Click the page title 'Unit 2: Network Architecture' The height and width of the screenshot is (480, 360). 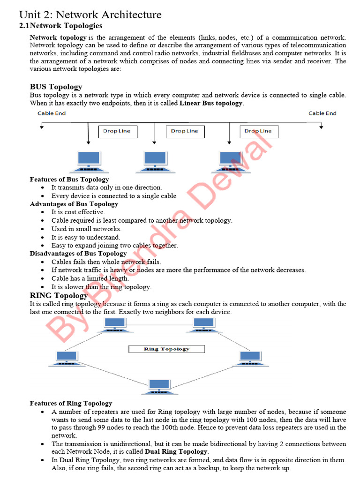coord(90,15)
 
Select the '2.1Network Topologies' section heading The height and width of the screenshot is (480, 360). coord(60,26)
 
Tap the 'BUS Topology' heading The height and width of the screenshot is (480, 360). coord(56,87)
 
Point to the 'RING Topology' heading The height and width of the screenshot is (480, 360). coord(59,295)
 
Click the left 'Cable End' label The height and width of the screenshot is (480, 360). coord(52,113)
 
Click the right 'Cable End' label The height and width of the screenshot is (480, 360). coord(322,113)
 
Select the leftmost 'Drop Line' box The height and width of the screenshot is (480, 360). coord(118,131)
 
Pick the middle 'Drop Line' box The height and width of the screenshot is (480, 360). coord(185,131)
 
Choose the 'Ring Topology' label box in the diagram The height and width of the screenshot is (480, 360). coord(166,349)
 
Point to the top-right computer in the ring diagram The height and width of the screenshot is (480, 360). coord(203,324)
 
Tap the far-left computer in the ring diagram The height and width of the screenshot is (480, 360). coord(65,358)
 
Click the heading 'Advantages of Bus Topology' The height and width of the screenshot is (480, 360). coord(74,204)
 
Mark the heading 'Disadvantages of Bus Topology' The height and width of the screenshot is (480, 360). coord(78,254)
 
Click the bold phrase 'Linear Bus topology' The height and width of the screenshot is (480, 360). coord(211,103)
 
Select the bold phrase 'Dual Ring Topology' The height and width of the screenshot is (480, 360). coord(176,451)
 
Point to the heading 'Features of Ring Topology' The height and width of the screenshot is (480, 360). coord(71,403)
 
